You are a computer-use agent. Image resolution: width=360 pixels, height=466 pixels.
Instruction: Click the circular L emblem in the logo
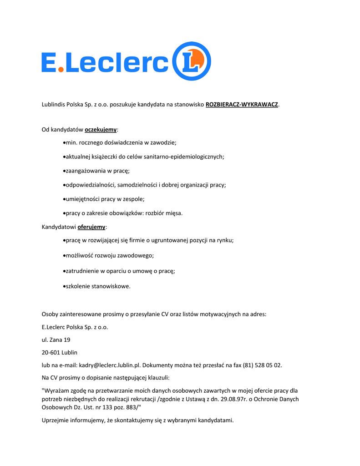click(x=192, y=61)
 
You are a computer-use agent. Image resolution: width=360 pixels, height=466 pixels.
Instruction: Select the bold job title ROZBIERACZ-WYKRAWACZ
click(x=242, y=105)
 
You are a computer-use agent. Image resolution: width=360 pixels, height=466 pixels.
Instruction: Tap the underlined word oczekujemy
click(x=101, y=130)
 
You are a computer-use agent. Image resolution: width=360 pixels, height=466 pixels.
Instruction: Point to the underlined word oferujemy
click(x=91, y=227)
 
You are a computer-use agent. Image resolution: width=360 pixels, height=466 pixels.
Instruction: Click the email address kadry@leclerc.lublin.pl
click(x=110, y=365)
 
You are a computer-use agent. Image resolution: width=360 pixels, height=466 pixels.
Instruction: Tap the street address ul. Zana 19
click(x=56, y=339)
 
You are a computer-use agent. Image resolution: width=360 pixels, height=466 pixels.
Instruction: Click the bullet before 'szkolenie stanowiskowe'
click(x=64, y=287)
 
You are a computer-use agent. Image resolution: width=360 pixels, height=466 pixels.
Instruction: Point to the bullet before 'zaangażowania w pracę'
click(x=64, y=171)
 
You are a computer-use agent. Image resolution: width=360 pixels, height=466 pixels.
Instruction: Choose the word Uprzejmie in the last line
click(x=55, y=420)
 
